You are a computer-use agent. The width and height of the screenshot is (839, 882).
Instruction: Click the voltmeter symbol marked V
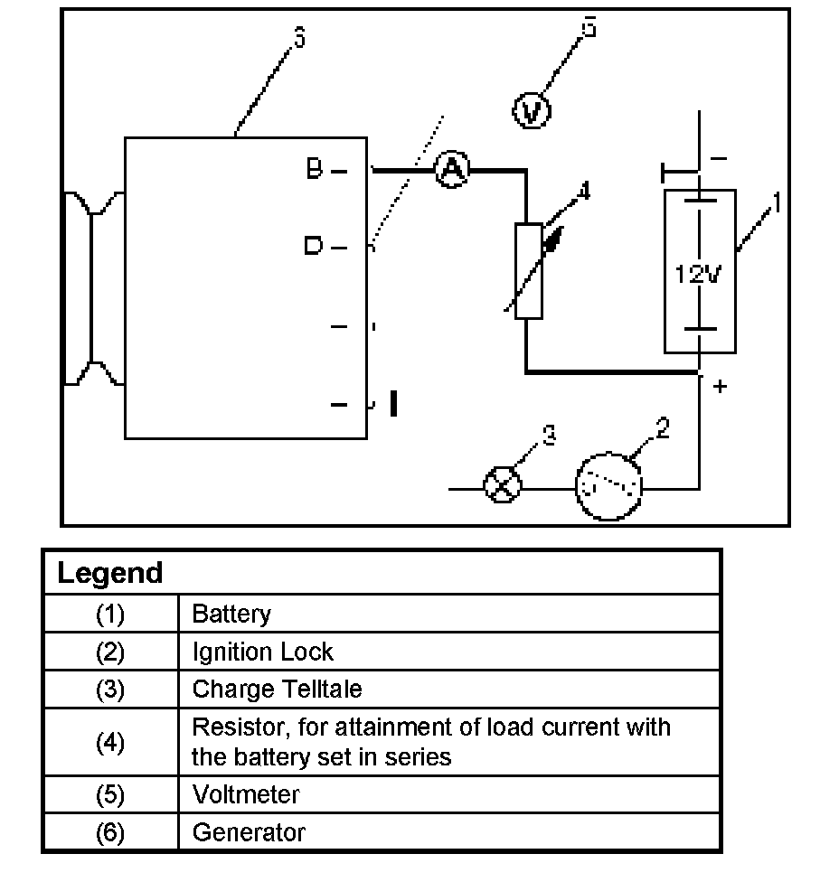[x=532, y=112]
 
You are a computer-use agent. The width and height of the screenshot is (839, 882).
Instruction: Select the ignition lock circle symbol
[x=609, y=488]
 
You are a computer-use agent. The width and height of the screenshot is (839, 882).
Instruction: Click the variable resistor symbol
[x=529, y=271]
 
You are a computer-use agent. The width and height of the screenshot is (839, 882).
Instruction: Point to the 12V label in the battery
[x=698, y=273]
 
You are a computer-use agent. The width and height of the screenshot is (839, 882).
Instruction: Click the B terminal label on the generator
[x=314, y=169]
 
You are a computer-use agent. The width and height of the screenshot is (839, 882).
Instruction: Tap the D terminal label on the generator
[x=313, y=246]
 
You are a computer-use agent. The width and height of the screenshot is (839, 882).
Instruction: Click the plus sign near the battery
[x=721, y=387]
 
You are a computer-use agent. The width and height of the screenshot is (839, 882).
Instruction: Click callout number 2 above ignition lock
[x=663, y=428]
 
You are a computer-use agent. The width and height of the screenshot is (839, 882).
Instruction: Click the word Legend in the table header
[x=109, y=573]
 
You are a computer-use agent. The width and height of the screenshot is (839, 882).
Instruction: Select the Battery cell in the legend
[x=231, y=615]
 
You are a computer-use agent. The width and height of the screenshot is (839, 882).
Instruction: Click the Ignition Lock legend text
[x=262, y=652]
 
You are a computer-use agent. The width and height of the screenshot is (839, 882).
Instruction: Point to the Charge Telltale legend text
[x=277, y=690]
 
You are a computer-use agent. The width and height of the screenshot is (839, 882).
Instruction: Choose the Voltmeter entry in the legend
[x=245, y=794]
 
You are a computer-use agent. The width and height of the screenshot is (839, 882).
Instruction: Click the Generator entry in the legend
[x=249, y=832]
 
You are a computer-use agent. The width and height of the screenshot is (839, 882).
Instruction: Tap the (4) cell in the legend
[x=109, y=743]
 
